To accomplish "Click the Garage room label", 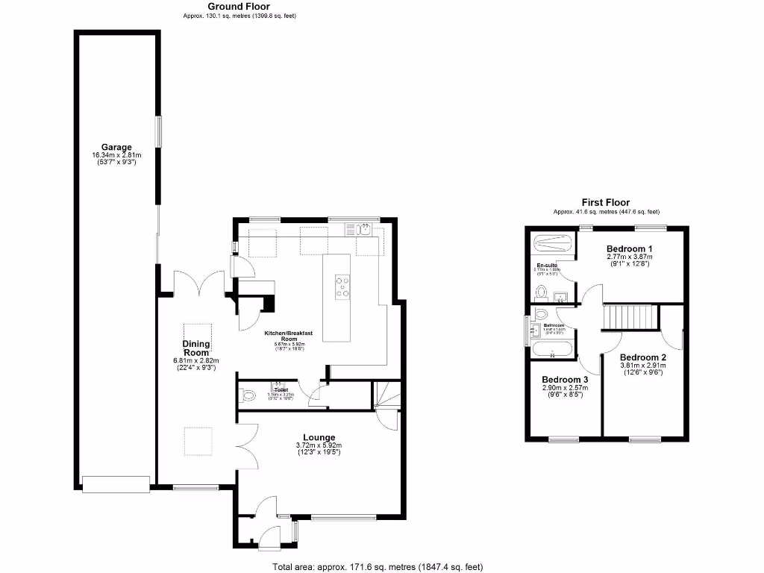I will click(116, 148).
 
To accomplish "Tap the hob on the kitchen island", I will click(342, 287).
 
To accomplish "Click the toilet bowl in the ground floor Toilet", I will click(249, 395).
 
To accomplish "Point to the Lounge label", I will click(319, 437).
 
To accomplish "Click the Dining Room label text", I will click(196, 348).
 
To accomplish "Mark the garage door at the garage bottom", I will click(116, 484).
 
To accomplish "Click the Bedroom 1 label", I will click(629, 248).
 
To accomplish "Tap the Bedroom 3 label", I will click(565, 378).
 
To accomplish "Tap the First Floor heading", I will click(606, 202).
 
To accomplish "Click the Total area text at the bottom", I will click(372, 566).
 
